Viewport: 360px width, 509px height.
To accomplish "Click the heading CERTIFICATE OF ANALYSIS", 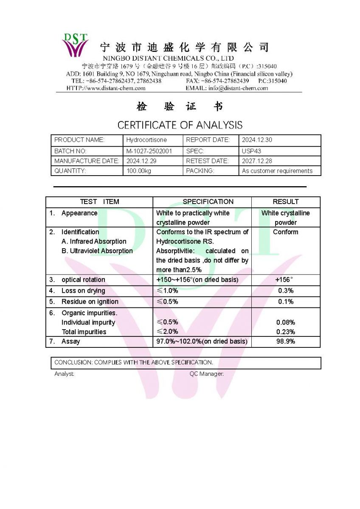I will pos(180,125).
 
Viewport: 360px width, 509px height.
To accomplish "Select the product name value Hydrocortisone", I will pos(146,140).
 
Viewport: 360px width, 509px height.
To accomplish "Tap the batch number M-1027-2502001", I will pos(149,151).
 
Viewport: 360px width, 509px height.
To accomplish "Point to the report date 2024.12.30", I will pos(256,140).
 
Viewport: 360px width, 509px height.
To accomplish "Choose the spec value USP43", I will pos(251,151).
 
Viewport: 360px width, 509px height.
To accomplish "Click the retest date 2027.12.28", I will pos(256,161).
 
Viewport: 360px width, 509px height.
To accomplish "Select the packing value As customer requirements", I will pos(277,171).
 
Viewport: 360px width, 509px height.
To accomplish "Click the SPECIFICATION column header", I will pos(208,202).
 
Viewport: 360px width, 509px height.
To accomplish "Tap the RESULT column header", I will pos(286,202).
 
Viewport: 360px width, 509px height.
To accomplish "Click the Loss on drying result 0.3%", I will pos(286,291).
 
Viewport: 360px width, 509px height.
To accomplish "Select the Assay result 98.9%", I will pos(286,341).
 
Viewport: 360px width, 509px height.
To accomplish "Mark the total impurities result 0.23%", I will pos(286,332).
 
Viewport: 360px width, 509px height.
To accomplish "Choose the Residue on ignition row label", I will pos(90,302).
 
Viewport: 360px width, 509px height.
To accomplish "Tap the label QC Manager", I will pos(206,374).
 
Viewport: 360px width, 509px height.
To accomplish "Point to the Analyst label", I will pos(64,374).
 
